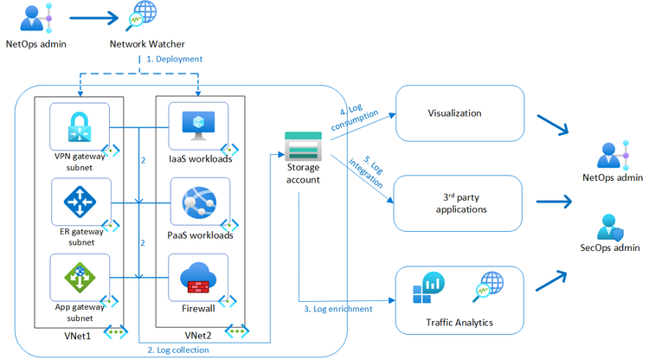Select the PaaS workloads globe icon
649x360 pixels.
pos(197,202)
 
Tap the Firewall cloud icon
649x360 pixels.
pos(197,277)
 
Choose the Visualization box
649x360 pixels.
pos(454,113)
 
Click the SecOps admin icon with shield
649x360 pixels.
pos(613,228)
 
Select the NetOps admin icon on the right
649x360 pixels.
pos(613,156)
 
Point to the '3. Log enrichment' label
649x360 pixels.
pos(338,309)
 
